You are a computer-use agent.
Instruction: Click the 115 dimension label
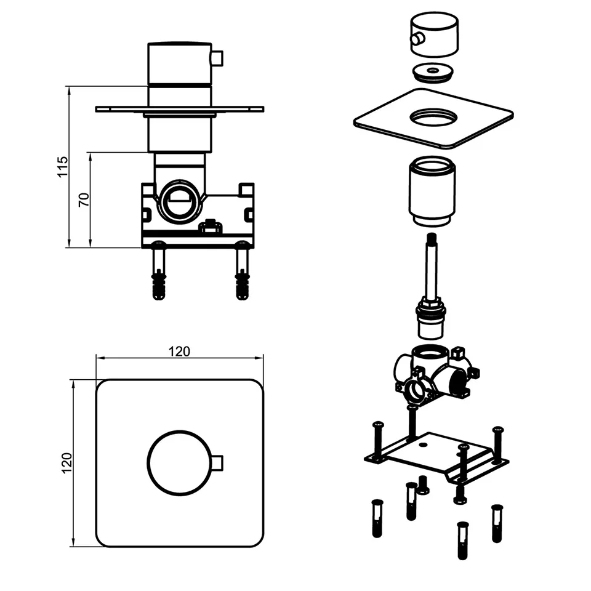pos(63,166)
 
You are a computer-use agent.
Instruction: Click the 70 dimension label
pos(84,199)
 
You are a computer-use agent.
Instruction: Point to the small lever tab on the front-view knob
pos(217,463)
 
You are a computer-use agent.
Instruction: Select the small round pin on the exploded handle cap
pos(417,39)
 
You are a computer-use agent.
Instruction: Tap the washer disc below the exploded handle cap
pos(433,73)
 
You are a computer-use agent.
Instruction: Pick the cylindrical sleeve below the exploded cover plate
pos(432,192)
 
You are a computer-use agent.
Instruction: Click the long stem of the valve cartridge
pos(432,265)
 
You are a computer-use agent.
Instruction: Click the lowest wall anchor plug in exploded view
pos(462,541)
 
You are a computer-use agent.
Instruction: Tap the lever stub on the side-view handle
pos(218,59)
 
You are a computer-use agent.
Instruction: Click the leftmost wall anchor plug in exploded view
pos(377,518)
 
